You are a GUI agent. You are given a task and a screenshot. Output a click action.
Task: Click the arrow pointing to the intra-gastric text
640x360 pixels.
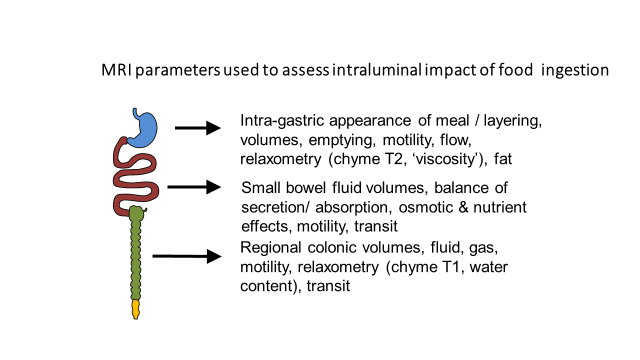click(x=197, y=128)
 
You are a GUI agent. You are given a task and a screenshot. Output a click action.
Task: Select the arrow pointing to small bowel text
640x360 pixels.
click(x=194, y=186)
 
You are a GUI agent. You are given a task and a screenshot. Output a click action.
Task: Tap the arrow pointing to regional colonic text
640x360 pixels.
click(x=185, y=256)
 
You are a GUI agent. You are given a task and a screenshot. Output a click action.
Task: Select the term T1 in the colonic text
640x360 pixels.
click(x=474, y=268)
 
